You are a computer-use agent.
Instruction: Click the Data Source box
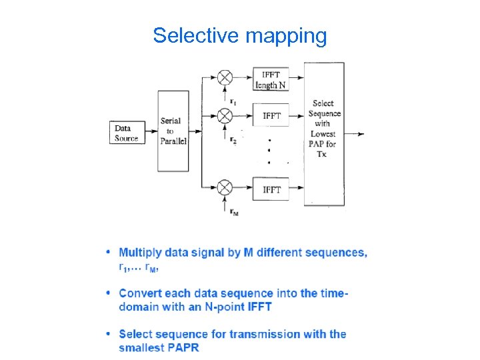point(127,133)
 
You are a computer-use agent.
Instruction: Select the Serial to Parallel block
point(173,131)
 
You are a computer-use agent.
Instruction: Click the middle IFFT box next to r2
point(271,116)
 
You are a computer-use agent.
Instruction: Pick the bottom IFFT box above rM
point(271,190)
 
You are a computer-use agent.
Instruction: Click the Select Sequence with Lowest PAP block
point(325,133)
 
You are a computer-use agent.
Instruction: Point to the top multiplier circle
point(225,77)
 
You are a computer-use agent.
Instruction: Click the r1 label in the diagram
point(233,101)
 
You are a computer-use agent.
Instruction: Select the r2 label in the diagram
point(233,139)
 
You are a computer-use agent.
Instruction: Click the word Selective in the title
point(197,35)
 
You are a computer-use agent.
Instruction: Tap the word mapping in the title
point(287,37)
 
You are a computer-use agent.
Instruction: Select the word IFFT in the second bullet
point(259,307)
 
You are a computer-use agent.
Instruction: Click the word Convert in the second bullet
point(140,293)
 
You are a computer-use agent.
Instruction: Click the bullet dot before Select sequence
point(108,333)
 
